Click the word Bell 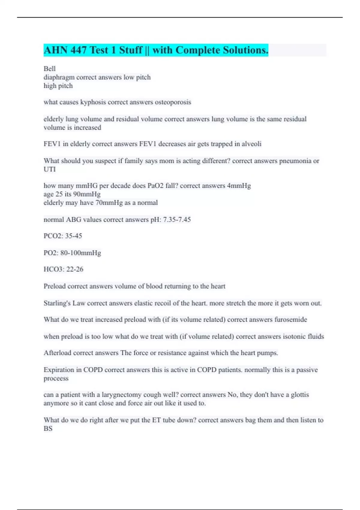[x=49, y=69]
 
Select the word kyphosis [x=93, y=102]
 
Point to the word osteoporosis [x=173, y=102]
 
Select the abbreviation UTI [x=49, y=169]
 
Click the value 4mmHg [x=239, y=186]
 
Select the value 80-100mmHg [x=81, y=253]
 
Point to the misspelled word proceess [x=56, y=379]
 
